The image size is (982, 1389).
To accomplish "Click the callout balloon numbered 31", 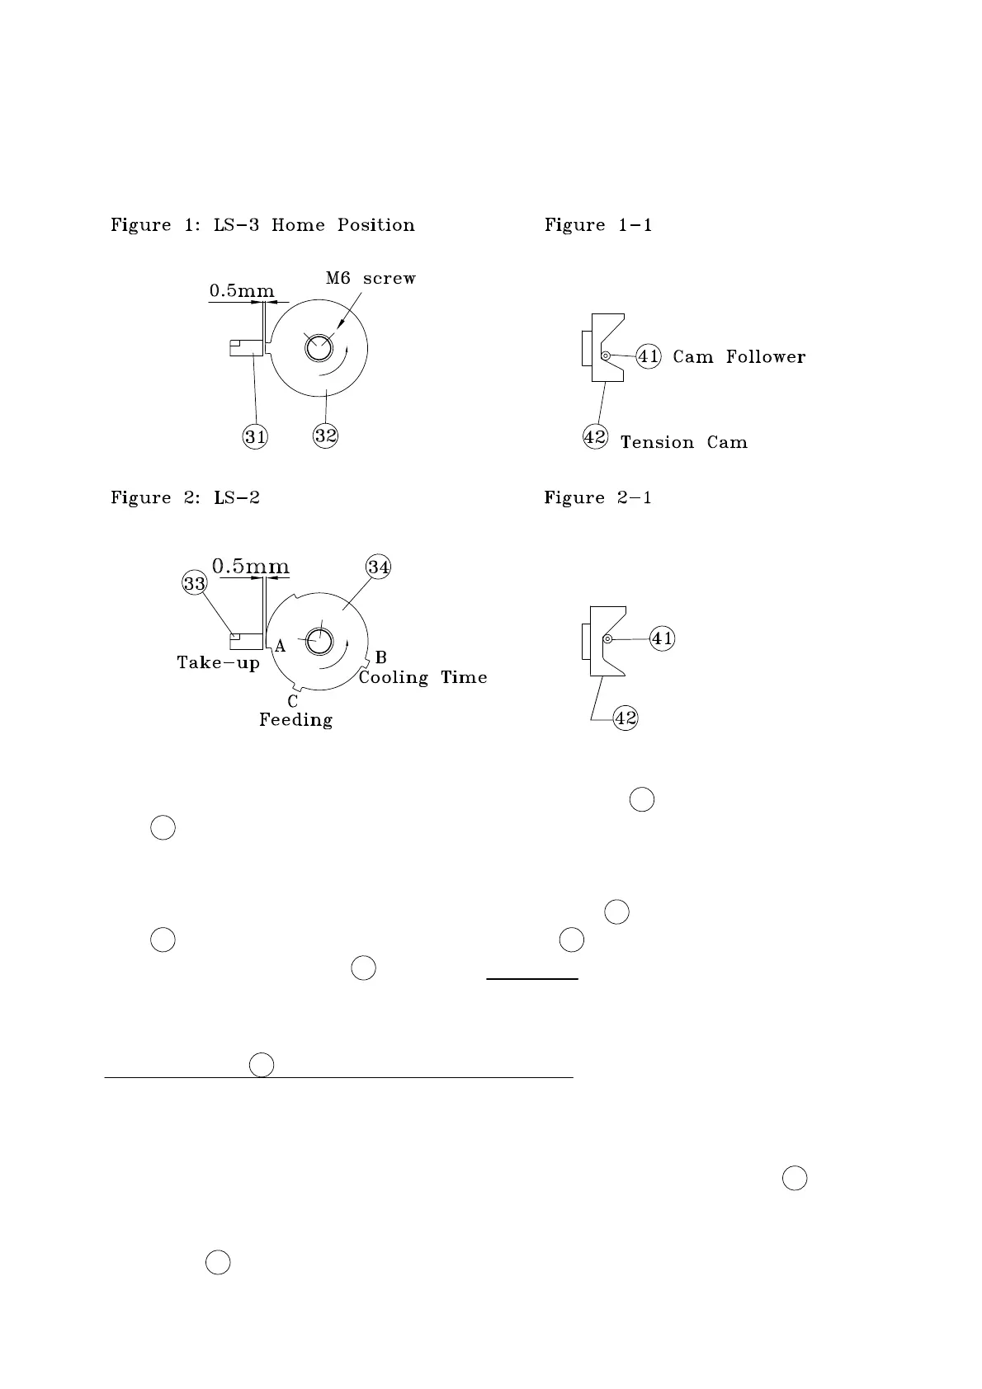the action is (256, 436).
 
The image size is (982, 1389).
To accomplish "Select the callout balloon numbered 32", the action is (326, 435).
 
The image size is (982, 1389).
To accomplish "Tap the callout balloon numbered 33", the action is (194, 584).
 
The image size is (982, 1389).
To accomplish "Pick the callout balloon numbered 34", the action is (379, 567).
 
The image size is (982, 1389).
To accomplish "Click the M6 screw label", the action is (371, 278).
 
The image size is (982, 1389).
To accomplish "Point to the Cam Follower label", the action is (739, 356).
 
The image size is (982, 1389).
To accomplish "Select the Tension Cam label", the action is (683, 442).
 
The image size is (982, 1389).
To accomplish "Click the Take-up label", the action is (218, 662).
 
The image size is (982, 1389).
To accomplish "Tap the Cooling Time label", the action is (423, 677).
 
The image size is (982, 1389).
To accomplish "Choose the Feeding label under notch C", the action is (295, 719).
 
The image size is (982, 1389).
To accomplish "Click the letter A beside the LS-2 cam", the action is (281, 647).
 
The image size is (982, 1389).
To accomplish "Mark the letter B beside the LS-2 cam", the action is (380, 657).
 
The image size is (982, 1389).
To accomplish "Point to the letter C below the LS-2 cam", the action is (292, 702).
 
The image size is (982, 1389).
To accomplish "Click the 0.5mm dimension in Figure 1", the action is (241, 290).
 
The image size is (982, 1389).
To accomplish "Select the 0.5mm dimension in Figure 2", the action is (251, 567).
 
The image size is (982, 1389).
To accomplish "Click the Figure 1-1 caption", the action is (598, 225).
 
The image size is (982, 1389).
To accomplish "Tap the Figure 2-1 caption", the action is (597, 497).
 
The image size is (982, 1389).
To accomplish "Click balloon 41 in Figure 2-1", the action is (662, 638).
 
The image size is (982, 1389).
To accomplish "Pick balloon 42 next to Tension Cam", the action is (595, 436).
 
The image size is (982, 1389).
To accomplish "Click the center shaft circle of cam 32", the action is (316, 349).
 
